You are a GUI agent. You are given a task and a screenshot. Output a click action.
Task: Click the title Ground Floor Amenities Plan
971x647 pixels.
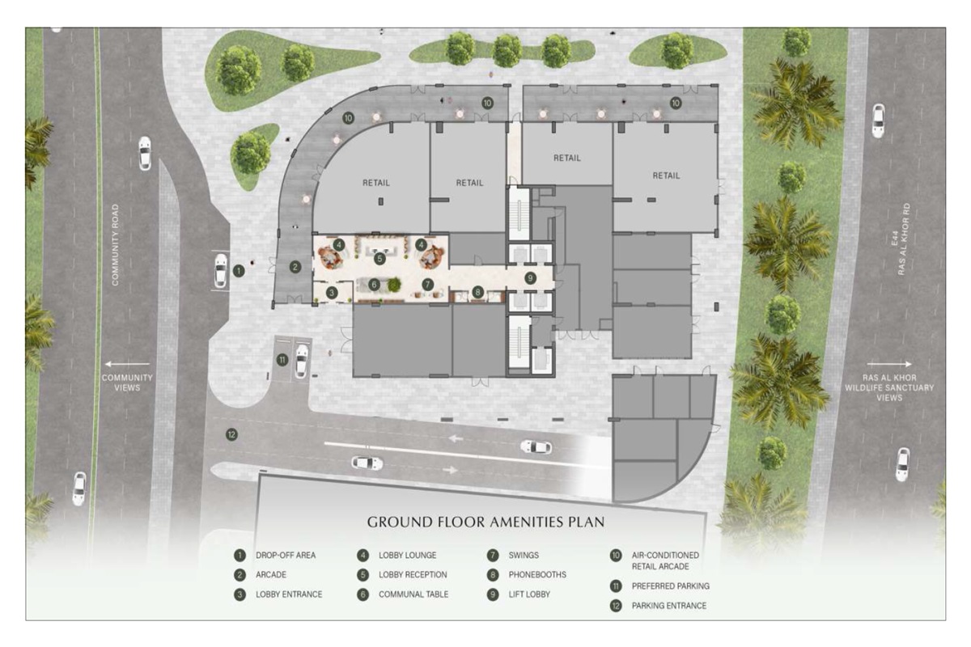point(485,522)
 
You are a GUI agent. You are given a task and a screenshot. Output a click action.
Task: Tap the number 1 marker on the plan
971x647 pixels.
point(239,271)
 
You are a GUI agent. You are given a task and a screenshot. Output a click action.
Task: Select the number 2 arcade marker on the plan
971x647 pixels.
point(295,267)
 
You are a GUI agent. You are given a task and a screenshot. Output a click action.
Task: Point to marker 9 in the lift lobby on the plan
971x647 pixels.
point(531,278)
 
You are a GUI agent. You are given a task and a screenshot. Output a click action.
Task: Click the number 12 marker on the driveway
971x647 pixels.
point(232,434)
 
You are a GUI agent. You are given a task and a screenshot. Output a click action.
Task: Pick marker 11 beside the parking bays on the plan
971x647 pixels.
point(282,360)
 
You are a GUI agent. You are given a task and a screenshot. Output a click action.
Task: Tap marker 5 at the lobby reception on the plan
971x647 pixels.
point(379,258)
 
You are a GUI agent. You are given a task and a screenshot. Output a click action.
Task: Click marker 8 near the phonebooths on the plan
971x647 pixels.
point(478,292)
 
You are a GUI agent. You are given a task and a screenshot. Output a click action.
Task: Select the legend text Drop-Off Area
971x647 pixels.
point(286,556)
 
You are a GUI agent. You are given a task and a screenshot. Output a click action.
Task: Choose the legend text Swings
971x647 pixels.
point(524,556)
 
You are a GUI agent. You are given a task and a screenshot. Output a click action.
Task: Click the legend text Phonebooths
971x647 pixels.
point(537,575)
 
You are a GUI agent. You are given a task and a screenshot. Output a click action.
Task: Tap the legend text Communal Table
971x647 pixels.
point(413,594)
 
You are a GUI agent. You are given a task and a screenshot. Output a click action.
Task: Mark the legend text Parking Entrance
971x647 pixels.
point(668,606)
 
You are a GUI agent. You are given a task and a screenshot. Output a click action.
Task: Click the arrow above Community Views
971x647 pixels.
point(126,365)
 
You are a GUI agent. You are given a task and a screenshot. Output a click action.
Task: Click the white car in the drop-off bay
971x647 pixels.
point(220,271)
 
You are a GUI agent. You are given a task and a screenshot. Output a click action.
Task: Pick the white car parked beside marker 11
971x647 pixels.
point(301,361)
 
